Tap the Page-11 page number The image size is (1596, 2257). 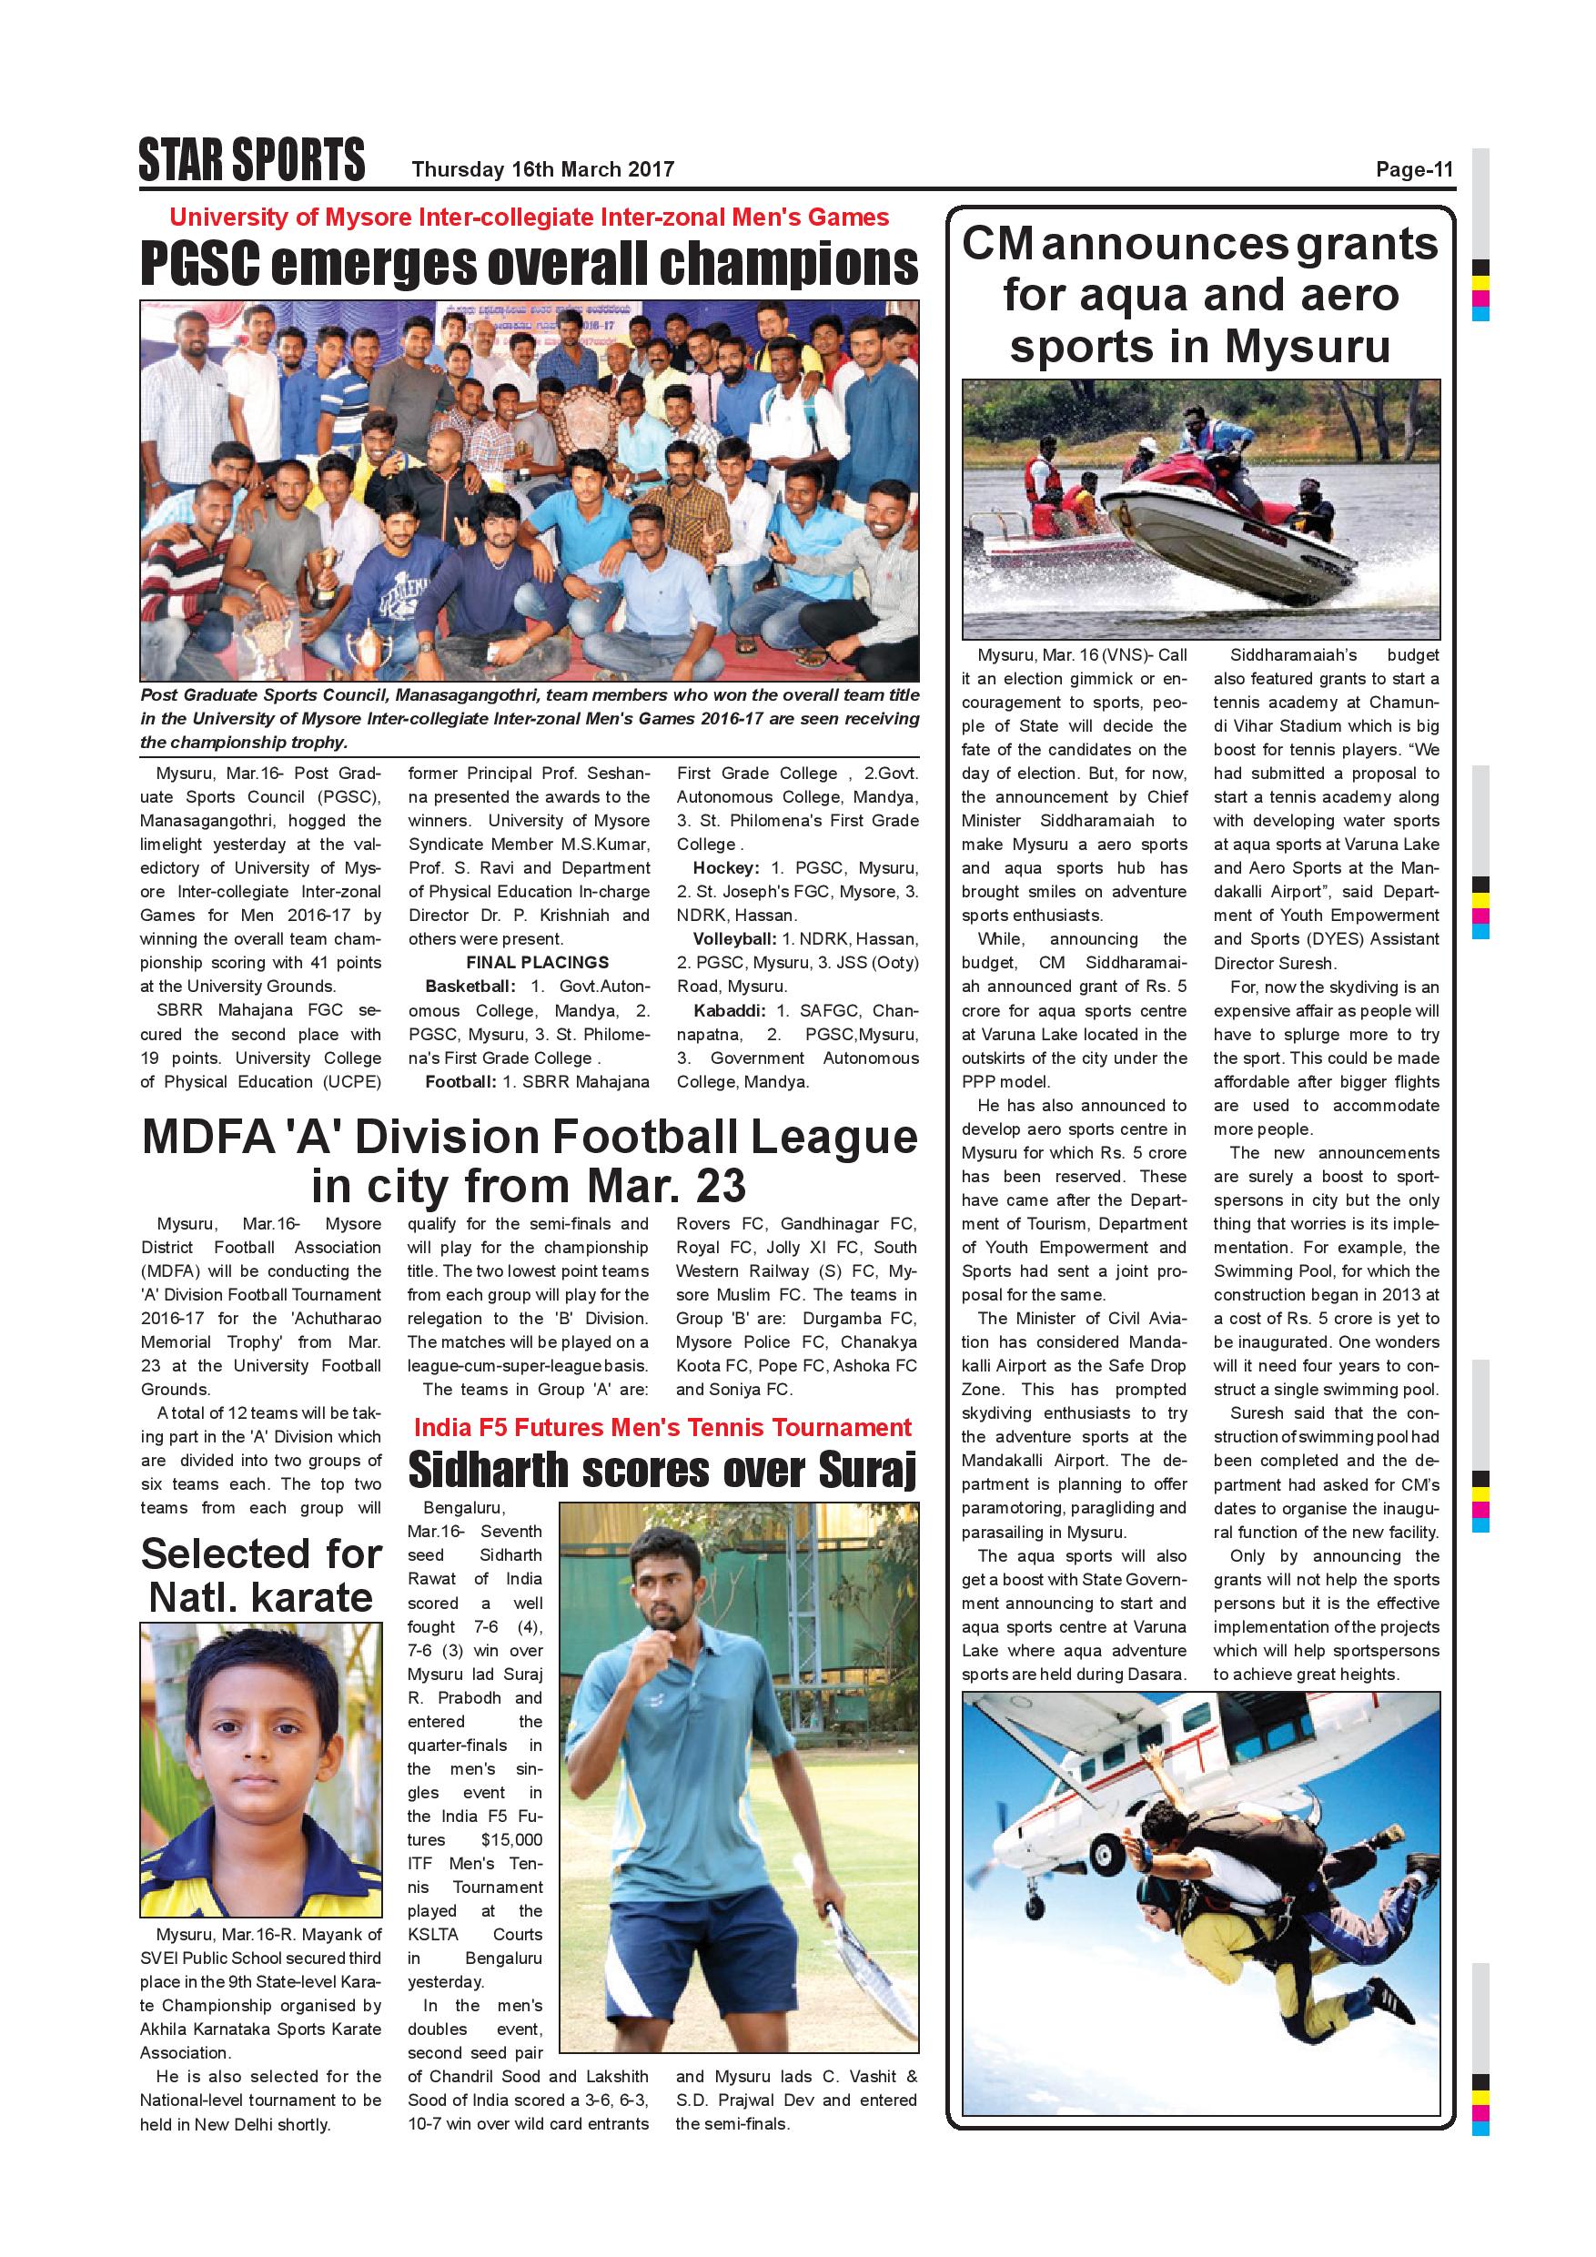coord(1413,169)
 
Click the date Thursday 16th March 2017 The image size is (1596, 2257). coord(542,169)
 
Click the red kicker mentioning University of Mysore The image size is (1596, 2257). coord(529,218)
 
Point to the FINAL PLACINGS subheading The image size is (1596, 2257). coord(537,962)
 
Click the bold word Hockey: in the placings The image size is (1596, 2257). coord(725,868)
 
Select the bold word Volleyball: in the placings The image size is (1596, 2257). coord(734,939)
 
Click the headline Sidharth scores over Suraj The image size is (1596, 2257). coord(662,1471)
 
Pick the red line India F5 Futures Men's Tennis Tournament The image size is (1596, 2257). coord(662,1427)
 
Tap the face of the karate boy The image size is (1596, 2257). coord(260,1740)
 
